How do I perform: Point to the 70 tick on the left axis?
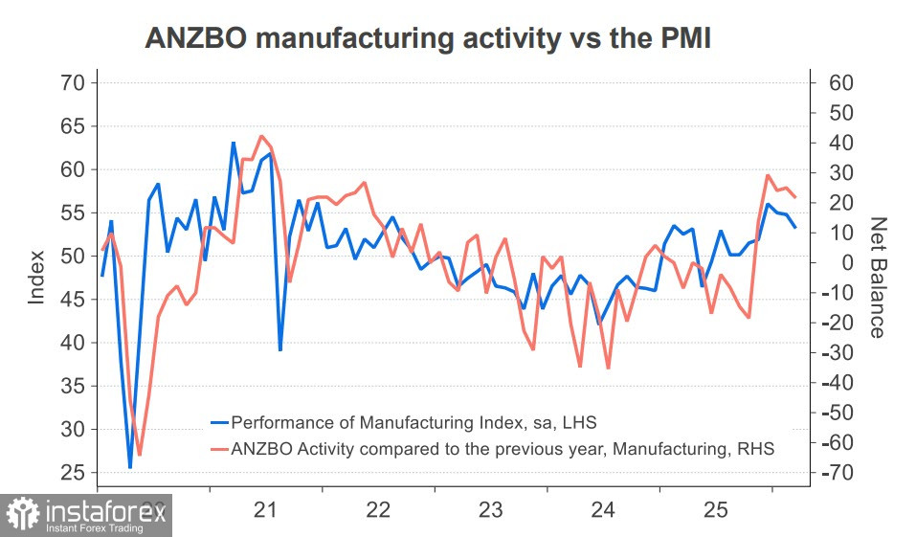(74, 83)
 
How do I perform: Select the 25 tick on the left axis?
(74, 473)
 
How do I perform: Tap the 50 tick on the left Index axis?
(74, 257)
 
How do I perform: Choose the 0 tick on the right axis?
(830, 263)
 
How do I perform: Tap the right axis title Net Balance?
(877, 278)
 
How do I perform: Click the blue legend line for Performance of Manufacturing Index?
(219, 421)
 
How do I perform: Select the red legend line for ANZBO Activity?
(219, 447)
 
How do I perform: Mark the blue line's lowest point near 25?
(130, 468)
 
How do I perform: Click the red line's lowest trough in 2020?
(139, 455)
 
